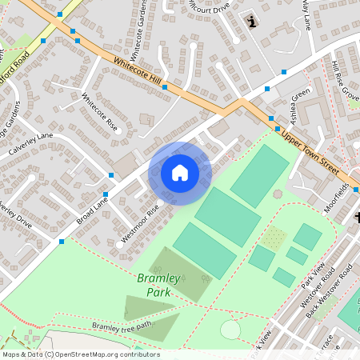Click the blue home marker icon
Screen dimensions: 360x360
[180, 173]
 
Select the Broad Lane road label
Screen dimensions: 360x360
[93, 209]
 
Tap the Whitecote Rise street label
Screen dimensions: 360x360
[100, 113]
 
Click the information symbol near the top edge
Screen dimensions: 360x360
[254, 22]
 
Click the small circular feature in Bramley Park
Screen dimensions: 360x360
[230, 329]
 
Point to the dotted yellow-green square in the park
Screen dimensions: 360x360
[274, 238]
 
